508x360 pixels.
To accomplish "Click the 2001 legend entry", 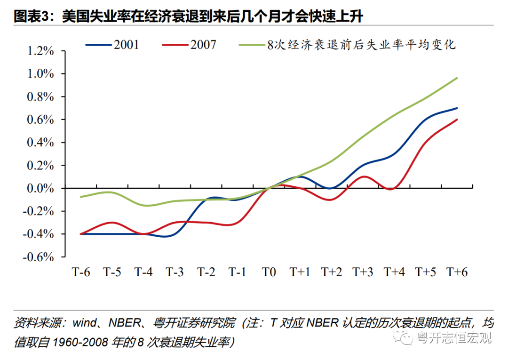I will pyautogui.click(x=113, y=45).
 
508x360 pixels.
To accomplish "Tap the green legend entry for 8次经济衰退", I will pyautogui.click(x=348, y=45).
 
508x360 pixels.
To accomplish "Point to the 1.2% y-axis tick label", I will pyautogui.click(x=41, y=51).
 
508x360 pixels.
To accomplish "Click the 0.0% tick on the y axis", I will pyautogui.click(x=41, y=188).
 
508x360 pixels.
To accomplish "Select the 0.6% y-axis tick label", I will pyautogui.click(x=41, y=120).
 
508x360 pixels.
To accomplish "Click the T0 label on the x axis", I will pyautogui.click(x=269, y=272).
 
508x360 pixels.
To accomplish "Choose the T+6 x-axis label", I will pyautogui.click(x=457, y=272).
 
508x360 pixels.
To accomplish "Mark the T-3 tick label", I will pyautogui.click(x=175, y=272).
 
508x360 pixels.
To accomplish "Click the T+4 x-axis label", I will pyautogui.click(x=394, y=272).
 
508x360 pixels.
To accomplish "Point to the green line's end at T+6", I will pyautogui.click(x=457, y=78).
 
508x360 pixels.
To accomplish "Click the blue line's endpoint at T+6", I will pyautogui.click(x=457, y=108).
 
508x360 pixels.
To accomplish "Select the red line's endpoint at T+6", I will pyautogui.click(x=457, y=120).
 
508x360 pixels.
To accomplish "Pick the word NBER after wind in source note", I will pyautogui.click(x=125, y=324).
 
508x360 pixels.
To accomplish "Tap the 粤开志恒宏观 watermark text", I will pyautogui.click(x=454, y=337).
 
